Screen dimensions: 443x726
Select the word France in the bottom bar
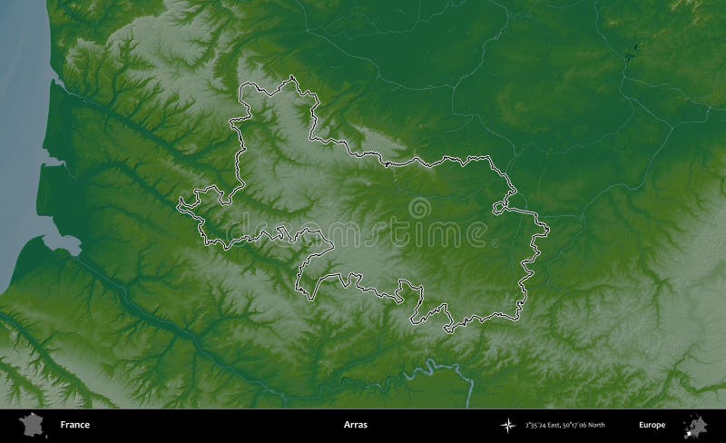(75, 425)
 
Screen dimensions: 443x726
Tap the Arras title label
(357, 425)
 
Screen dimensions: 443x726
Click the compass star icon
(505, 425)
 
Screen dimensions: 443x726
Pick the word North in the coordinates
(596, 425)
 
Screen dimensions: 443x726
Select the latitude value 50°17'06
(576, 425)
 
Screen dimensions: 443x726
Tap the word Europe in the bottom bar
(652, 425)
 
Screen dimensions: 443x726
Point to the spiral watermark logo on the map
(420, 209)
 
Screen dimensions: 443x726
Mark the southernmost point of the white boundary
(446, 330)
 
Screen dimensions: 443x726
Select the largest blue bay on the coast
(59, 241)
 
